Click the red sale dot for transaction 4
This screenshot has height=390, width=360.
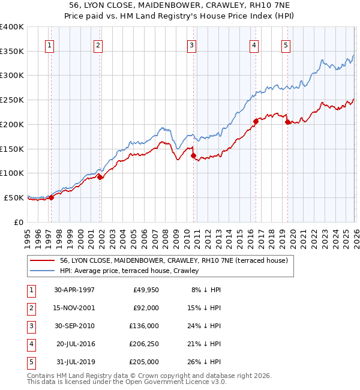(x=256, y=121)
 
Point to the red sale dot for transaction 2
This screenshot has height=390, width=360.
(x=100, y=177)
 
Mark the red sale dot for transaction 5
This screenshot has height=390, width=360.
(x=287, y=122)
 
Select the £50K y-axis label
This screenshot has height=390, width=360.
(x=14, y=197)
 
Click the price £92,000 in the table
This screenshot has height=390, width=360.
(x=146, y=308)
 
